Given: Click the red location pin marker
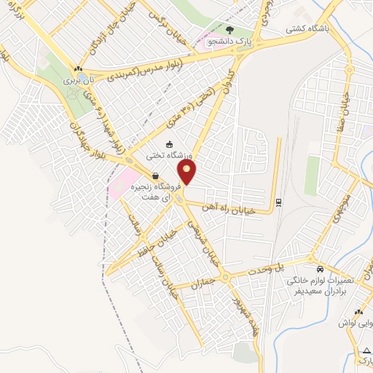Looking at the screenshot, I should [188, 172].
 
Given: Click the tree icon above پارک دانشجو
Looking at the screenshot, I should [229, 30].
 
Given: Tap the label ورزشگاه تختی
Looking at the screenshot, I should [170, 154].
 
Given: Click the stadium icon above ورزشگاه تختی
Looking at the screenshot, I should [170, 144].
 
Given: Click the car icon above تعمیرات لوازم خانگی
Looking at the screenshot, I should [311, 259].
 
